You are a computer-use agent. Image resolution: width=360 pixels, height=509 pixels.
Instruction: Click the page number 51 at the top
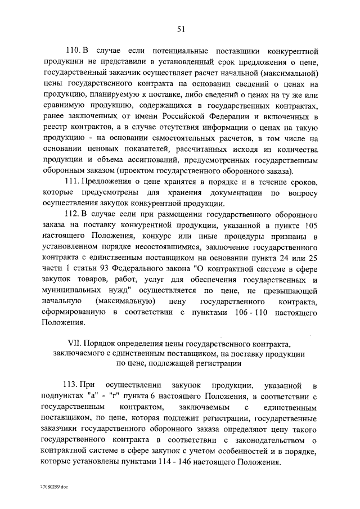point(180,29)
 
